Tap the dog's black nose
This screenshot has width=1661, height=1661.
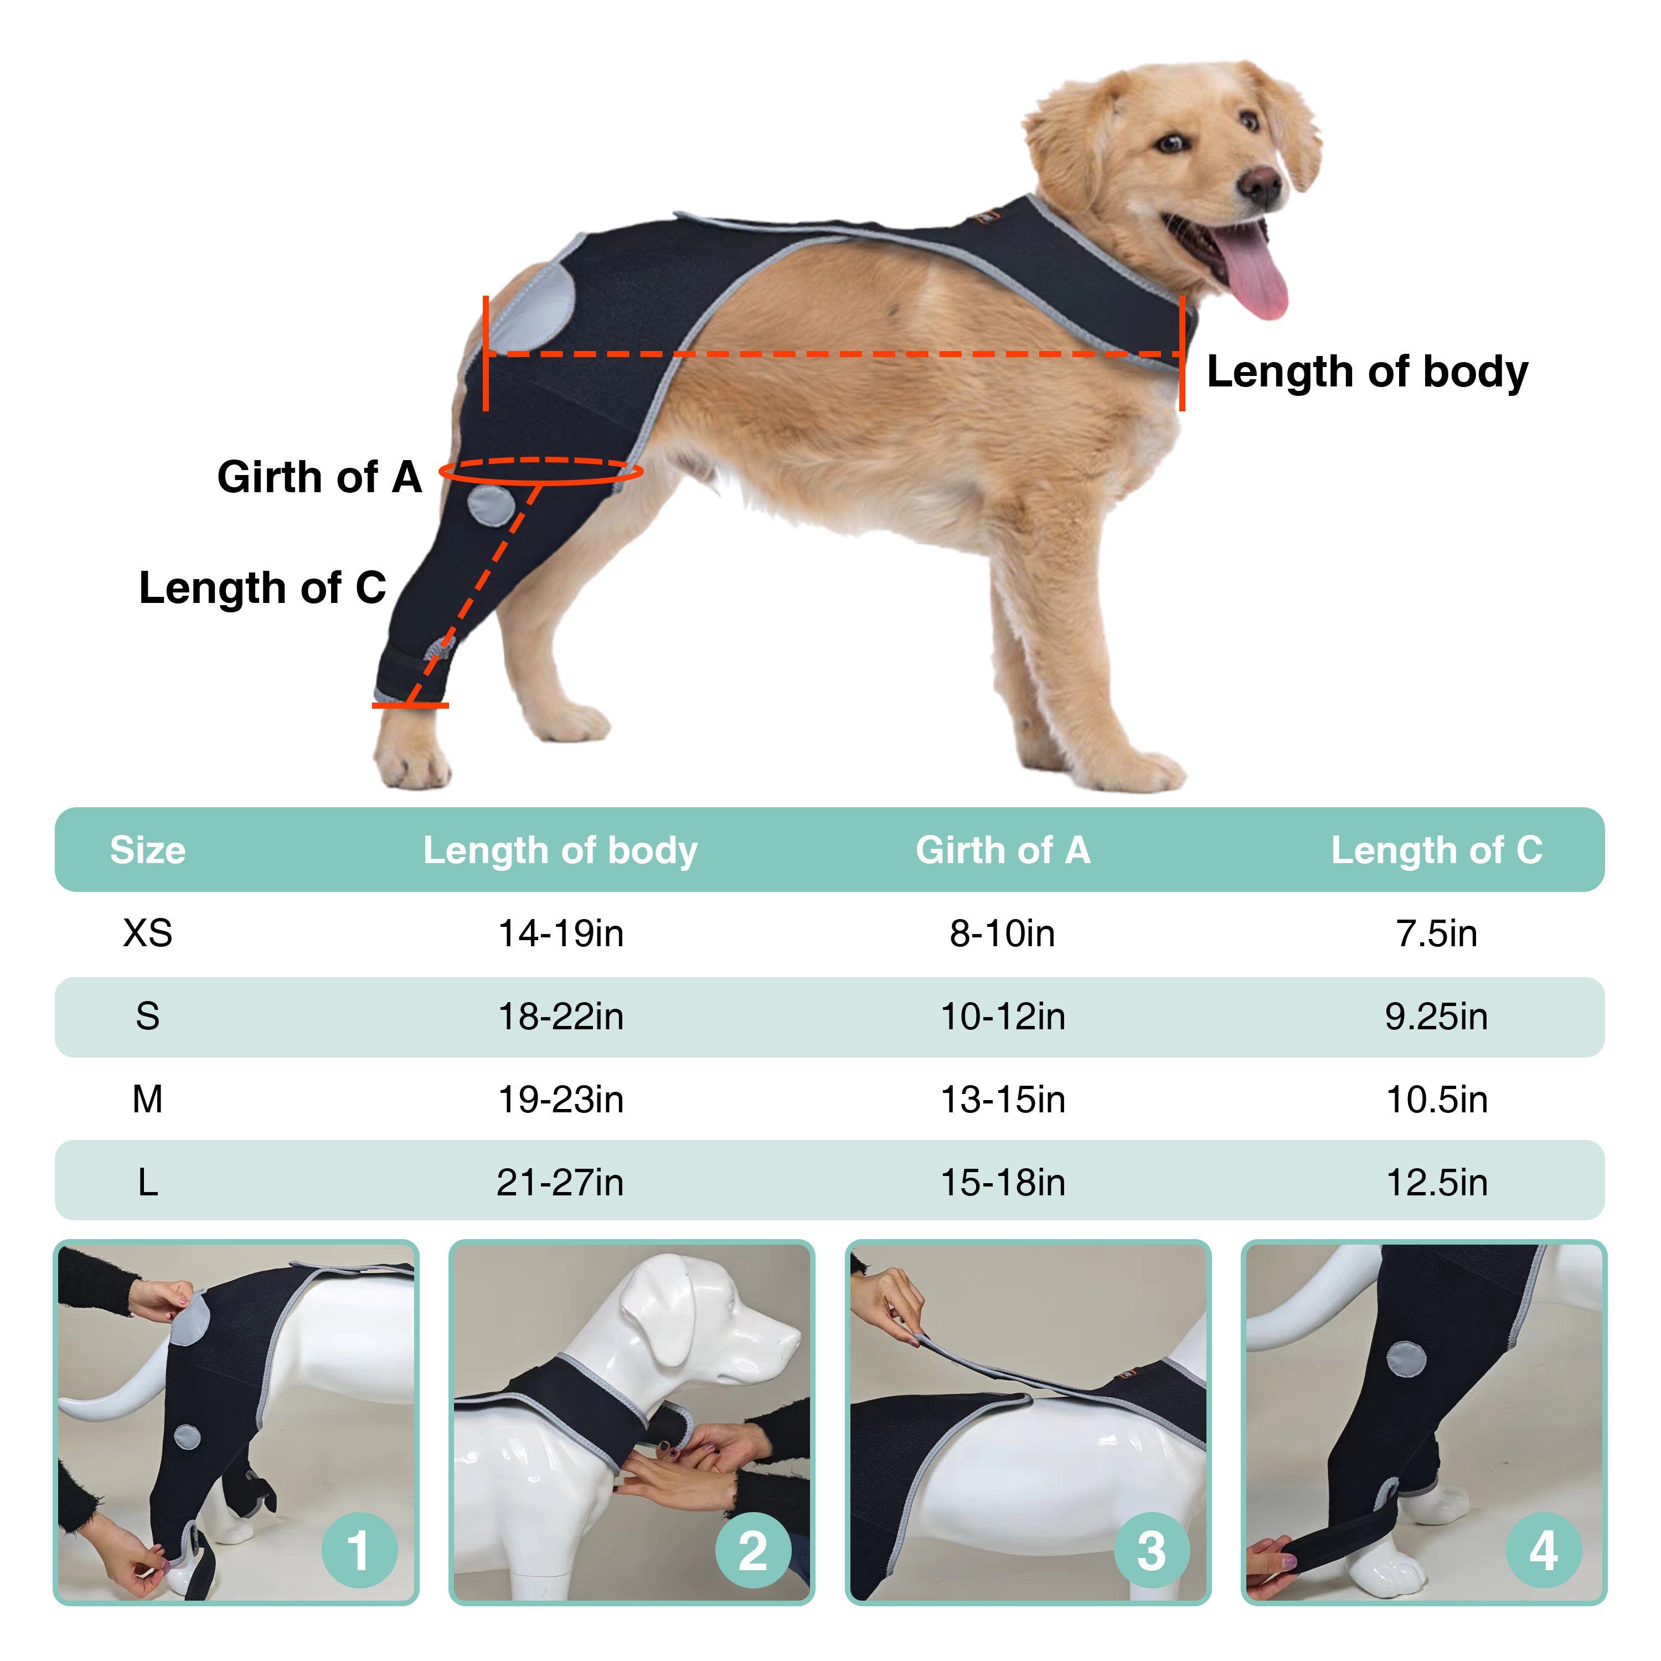tap(1260, 183)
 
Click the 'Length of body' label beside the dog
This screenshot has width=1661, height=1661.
tap(1367, 372)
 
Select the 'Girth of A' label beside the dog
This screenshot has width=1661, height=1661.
tap(319, 477)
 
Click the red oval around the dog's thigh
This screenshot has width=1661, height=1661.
tap(541, 471)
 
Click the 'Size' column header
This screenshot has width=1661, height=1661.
tap(148, 850)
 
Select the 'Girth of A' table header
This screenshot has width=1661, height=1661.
tap(1003, 850)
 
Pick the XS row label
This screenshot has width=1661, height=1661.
tap(148, 933)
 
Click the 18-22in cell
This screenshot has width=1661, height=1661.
tap(560, 1016)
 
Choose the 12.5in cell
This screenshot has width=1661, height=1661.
tap(1437, 1182)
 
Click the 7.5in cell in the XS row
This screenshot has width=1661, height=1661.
tap(1437, 933)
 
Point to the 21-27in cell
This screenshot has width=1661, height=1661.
tap(560, 1182)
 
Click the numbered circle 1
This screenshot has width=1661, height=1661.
tap(359, 1550)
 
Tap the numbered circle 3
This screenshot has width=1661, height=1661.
tap(1151, 1550)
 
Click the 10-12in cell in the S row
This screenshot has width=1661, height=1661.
tap(1003, 1016)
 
